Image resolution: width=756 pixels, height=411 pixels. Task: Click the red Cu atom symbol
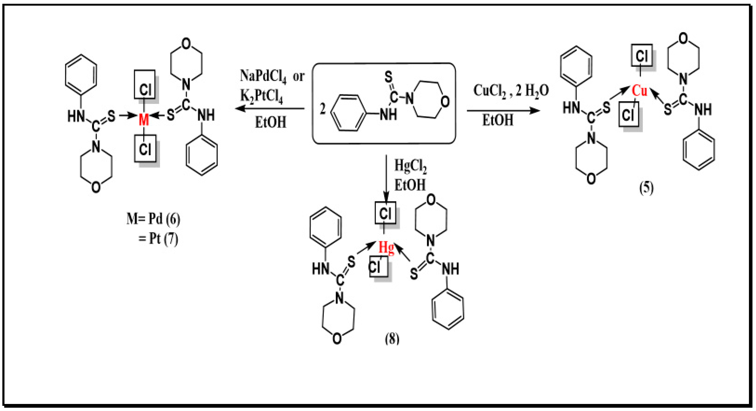point(639,91)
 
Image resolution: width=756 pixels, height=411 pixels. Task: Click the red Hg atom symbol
point(386,247)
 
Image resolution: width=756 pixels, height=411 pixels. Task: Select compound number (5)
point(647,188)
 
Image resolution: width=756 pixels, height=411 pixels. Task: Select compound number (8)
point(392,339)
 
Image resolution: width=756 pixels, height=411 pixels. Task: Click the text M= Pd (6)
point(153,219)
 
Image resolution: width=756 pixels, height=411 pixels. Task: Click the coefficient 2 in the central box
point(323,109)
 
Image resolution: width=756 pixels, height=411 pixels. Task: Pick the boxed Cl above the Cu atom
point(642,55)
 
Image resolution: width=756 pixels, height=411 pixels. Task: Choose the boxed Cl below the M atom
point(145,149)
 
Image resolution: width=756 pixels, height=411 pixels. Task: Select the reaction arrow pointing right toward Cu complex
point(503,111)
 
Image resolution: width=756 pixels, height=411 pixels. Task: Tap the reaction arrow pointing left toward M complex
point(270,109)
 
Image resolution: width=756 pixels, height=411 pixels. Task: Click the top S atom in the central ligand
point(388,77)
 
